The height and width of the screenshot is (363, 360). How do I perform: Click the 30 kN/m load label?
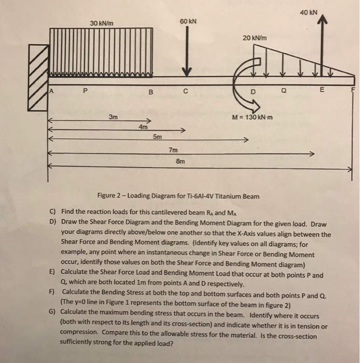point(102,23)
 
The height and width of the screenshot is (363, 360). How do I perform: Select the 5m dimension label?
point(157,137)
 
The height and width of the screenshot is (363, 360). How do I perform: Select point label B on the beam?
point(150,93)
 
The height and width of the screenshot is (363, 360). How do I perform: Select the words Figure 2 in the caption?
point(111,196)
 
